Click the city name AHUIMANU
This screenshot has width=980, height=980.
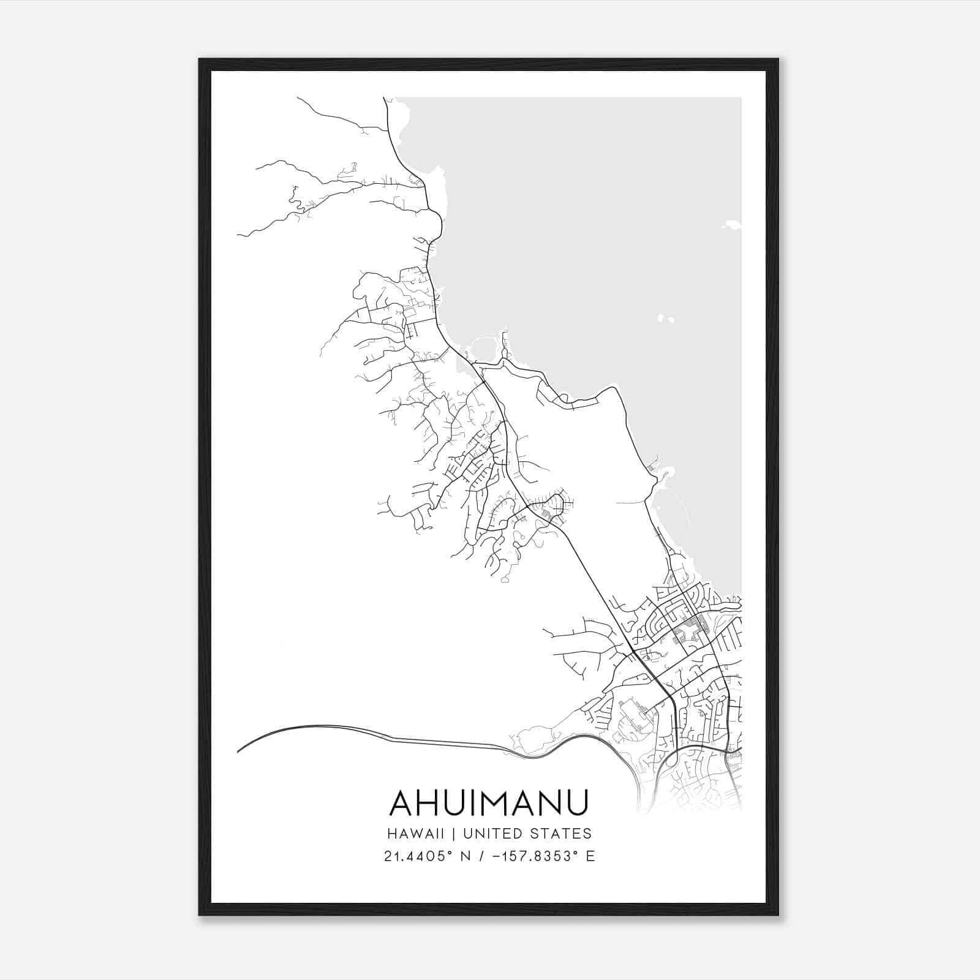point(489,802)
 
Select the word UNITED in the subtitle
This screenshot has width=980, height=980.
point(493,834)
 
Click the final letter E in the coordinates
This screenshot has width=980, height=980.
point(590,856)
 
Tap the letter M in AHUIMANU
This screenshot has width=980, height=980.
point(501,802)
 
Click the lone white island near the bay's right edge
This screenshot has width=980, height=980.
point(732,225)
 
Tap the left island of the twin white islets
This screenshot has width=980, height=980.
point(661,318)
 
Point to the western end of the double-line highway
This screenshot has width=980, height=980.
point(238,751)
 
